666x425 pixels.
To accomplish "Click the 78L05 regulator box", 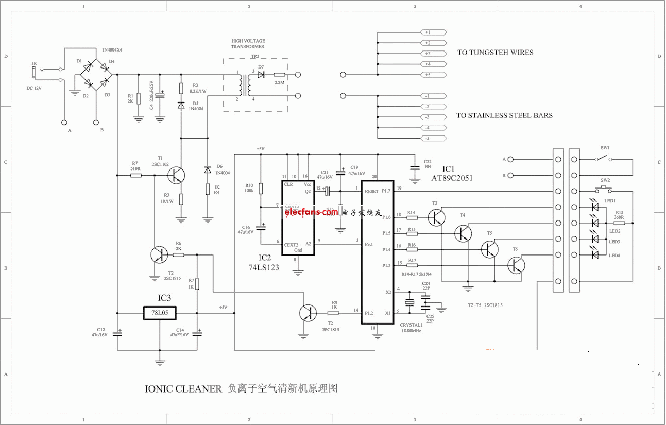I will point(159,313).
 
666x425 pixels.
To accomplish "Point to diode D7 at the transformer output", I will point(261,75).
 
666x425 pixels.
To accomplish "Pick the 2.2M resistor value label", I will point(280,83).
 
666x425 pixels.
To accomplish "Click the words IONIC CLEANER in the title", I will point(183,389).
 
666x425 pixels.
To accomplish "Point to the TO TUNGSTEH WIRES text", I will point(495,53).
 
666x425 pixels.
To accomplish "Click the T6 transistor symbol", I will point(516,265).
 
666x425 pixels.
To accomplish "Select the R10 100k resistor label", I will point(249,188).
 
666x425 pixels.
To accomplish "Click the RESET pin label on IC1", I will point(372,191).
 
